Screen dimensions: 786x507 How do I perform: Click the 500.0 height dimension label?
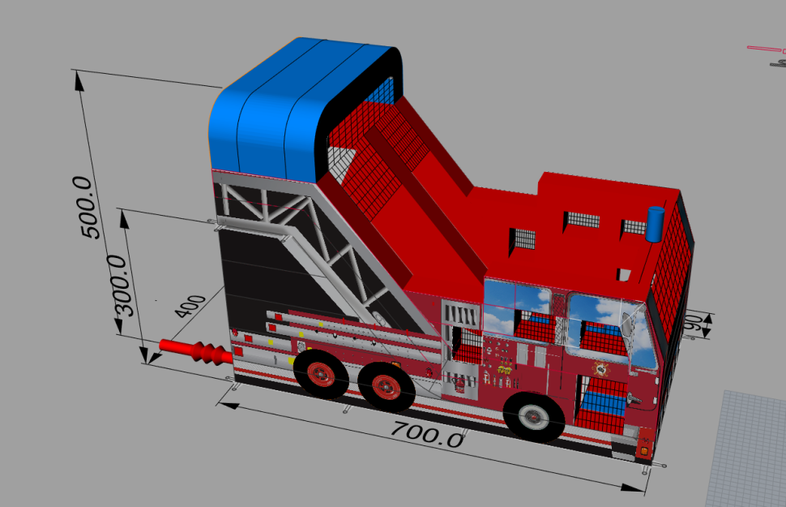(x=87, y=208)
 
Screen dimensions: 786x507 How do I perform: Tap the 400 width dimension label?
(x=190, y=306)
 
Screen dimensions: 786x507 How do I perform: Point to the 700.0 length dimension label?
(x=428, y=434)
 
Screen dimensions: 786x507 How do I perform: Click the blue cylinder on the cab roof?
(x=656, y=224)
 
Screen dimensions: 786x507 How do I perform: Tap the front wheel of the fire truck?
(x=534, y=416)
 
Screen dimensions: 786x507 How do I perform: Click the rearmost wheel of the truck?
(x=321, y=374)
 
